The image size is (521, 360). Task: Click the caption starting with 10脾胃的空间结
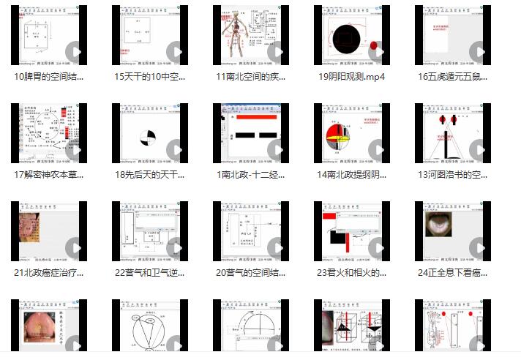[49, 76]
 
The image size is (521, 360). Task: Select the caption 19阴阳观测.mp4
[352, 76]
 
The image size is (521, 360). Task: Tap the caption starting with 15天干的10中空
[150, 76]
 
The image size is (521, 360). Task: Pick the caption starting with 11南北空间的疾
[251, 76]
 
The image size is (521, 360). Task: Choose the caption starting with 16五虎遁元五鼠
[452, 76]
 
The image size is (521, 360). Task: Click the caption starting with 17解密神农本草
[49, 175]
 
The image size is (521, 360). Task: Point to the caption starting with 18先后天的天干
[150, 175]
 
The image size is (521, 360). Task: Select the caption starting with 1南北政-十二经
[251, 175]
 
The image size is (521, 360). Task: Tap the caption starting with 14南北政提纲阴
[352, 175]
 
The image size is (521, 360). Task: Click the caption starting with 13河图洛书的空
[452, 175]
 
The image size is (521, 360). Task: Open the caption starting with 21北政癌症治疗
[49, 273]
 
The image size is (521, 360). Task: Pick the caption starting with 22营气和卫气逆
[150, 273]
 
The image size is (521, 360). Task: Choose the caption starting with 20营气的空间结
[251, 273]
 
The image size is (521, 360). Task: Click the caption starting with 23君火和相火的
[352, 273]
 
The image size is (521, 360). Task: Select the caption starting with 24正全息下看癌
[452, 273]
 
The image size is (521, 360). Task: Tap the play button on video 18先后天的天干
[176, 151]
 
